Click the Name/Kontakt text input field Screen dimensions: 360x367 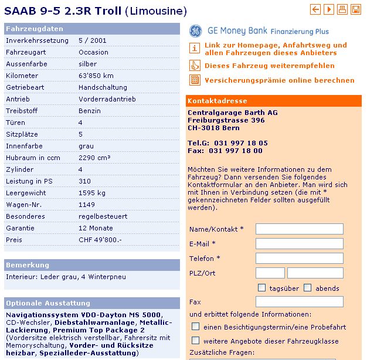pyautogui.click(x=299, y=229)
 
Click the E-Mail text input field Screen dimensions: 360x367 pyautogui.click(x=299, y=243)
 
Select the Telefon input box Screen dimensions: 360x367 pyautogui.click(x=299, y=258)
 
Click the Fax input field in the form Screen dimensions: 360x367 pyautogui.click(x=299, y=301)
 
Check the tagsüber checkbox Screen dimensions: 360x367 pyautogui.click(x=262, y=288)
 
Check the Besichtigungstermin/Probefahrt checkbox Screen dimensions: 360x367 pyautogui.click(x=196, y=326)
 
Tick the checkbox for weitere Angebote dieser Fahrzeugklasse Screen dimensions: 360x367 pyautogui.click(x=196, y=340)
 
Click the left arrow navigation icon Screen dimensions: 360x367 pyautogui.click(x=315, y=9)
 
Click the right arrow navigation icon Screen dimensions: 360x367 pyautogui.click(x=329, y=9)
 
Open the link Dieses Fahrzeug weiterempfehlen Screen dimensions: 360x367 pyautogui.click(x=270, y=66)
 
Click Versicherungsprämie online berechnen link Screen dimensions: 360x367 pyautogui.click(x=280, y=80)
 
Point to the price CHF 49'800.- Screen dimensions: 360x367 pyautogui.click(x=100, y=240)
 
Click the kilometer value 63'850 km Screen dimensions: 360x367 pyautogui.click(x=96, y=76)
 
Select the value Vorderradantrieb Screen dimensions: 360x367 pyautogui.click(x=104, y=99)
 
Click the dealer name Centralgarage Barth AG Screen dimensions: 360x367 pyautogui.click(x=233, y=113)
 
